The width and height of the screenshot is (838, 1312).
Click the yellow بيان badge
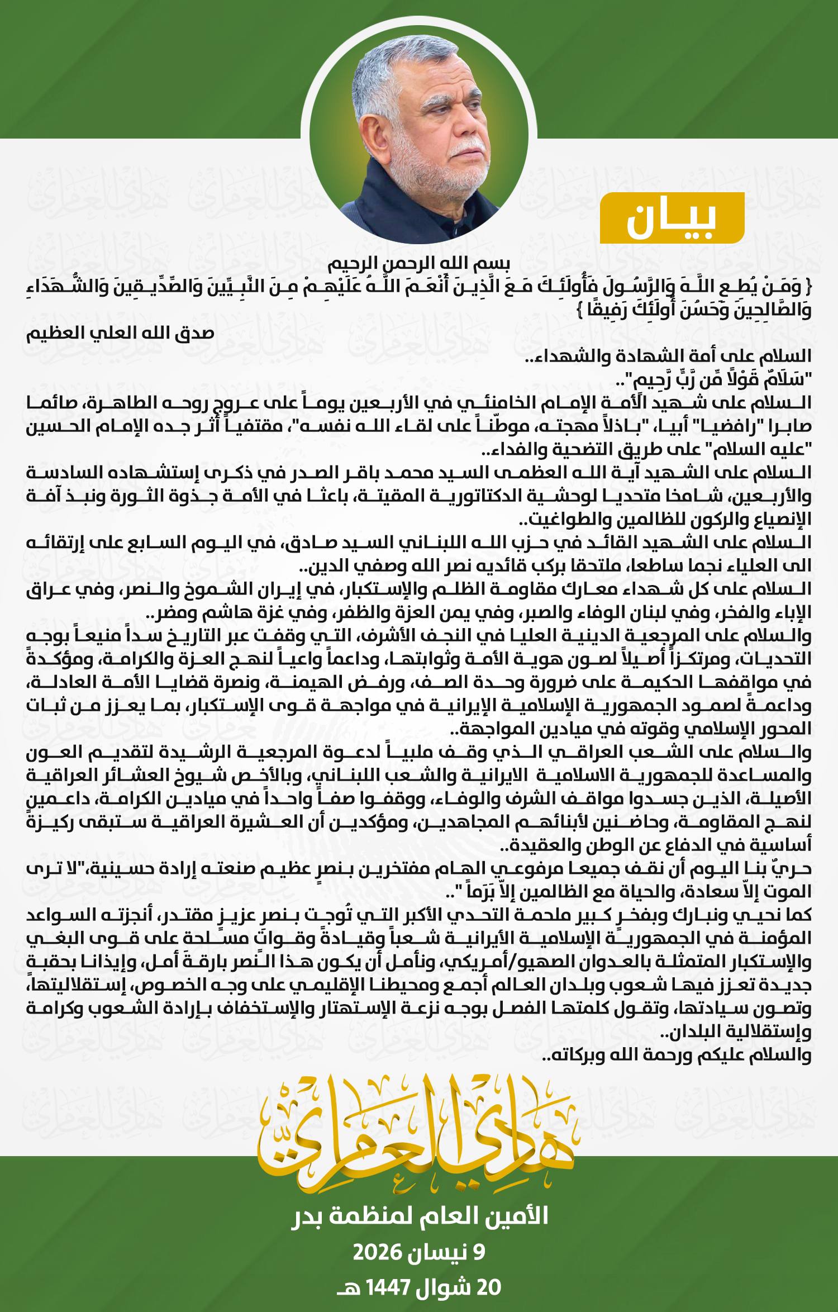(672, 218)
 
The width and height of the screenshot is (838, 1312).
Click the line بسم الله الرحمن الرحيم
(418, 262)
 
